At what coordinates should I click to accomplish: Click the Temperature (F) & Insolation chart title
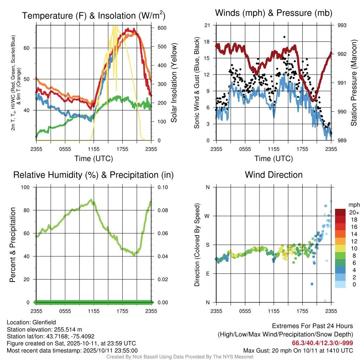tap(94, 15)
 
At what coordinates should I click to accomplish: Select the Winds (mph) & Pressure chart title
tap(274, 13)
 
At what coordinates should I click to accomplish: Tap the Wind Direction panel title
tap(274, 175)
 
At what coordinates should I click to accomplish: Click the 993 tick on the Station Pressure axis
tap(342, 25)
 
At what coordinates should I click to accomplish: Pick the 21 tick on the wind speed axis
tap(207, 25)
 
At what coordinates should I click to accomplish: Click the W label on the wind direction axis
tap(207, 216)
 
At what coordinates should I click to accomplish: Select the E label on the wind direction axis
tap(207, 274)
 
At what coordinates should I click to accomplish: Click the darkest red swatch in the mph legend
tap(341, 212)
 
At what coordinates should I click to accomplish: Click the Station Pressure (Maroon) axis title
tap(354, 83)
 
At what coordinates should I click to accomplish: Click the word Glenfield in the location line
tap(44, 322)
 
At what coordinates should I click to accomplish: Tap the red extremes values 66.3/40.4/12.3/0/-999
tap(322, 343)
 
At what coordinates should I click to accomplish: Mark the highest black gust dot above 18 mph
tap(284, 37)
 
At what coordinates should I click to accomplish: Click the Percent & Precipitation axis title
tap(13, 245)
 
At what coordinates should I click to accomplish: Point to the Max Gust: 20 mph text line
tap(298, 351)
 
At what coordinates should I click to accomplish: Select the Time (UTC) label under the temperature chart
tap(94, 159)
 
